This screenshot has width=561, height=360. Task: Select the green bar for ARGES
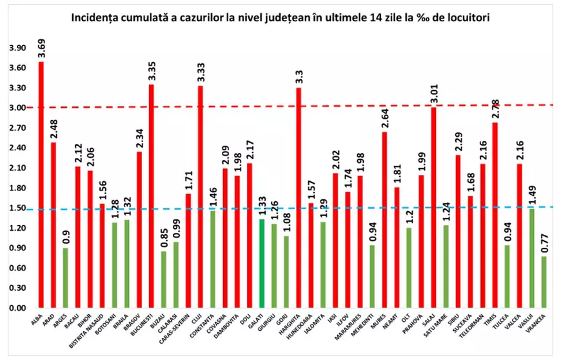(66, 278)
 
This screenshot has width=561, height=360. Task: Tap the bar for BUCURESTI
(152, 196)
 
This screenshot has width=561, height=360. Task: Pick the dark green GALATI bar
(262, 264)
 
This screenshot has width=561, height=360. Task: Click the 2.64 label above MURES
(384, 117)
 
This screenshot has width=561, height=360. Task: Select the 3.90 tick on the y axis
(17, 48)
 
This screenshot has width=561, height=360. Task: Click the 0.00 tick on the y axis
(17, 308)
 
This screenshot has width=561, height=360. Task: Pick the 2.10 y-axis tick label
(17, 168)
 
